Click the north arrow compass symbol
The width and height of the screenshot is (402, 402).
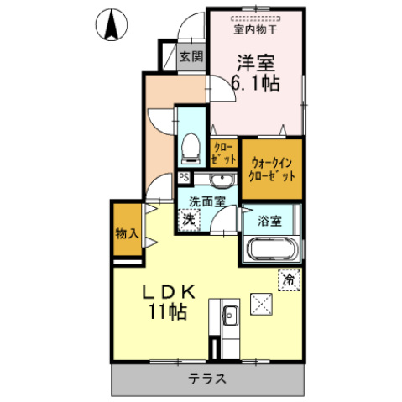coord(111,26)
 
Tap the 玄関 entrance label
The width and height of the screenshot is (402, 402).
coord(191,57)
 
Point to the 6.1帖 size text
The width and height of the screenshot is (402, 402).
coord(256,84)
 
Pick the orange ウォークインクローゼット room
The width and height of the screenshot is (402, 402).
coord(272,169)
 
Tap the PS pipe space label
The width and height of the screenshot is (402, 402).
coord(184,178)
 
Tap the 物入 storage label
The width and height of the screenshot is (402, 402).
coord(127,234)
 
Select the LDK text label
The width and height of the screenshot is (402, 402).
coord(165,292)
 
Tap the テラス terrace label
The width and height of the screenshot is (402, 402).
coord(206,379)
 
